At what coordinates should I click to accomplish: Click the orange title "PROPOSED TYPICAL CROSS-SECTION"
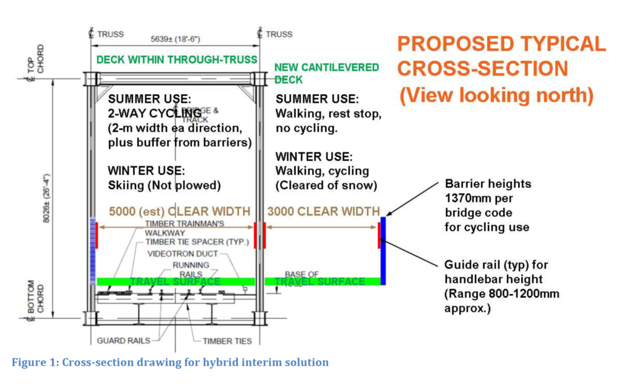click(x=501, y=56)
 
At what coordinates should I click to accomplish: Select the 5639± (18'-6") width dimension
click(x=176, y=39)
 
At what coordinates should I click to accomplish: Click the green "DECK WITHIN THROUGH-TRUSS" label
click(x=177, y=60)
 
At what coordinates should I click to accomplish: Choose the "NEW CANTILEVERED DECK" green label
click(x=326, y=73)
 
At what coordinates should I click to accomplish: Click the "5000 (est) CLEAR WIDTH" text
click(x=179, y=211)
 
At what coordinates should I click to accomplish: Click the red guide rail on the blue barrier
click(x=379, y=235)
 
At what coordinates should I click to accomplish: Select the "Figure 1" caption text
click(x=170, y=363)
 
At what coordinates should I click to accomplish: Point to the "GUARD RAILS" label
click(x=119, y=340)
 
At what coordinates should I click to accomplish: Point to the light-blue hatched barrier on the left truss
click(x=93, y=251)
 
